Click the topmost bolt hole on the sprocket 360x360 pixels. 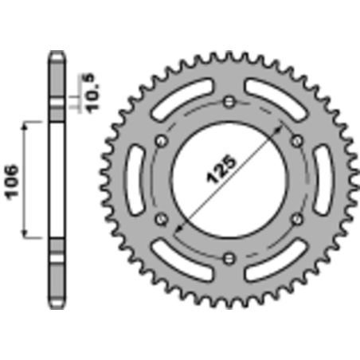click(x=229, y=102)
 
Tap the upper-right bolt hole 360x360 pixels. click(x=296, y=141)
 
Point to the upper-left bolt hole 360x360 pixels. click(x=162, y=141)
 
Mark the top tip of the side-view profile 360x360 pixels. click(x=56, y=53)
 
